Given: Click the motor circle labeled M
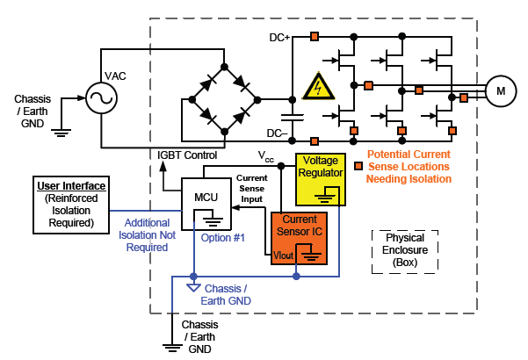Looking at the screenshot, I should [502, 90].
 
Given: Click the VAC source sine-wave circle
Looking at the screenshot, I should [99, 98].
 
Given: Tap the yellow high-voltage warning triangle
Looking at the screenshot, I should [314, 87].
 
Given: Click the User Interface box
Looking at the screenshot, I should [71, 204].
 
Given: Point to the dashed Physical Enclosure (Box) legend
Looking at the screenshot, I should [405, 249].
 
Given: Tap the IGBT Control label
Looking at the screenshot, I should [187, 155].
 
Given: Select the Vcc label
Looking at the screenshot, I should [265, 155].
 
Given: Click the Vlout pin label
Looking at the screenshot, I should [285, 255].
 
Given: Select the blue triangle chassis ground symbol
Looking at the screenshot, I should [193, 287].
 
